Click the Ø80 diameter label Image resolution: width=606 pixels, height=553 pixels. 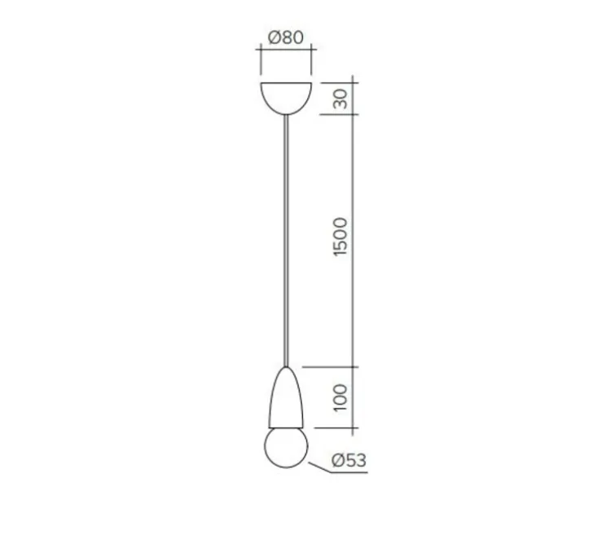click(x=285, y=37)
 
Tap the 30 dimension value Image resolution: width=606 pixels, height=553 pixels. click(x=341, y=98)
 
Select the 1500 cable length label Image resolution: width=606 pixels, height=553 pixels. click(x=341, y=237)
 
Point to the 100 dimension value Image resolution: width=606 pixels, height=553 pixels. click(x=341, y=396)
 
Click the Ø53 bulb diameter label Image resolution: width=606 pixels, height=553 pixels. click(x=349, y=462)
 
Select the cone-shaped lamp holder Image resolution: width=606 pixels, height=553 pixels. click(x=285, y=400)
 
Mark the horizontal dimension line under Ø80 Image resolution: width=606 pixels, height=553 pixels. click(x=285, y=50)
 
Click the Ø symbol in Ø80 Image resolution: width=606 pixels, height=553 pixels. click(x=274, y=37)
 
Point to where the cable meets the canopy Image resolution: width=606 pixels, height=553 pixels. click(x=285, y=114)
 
